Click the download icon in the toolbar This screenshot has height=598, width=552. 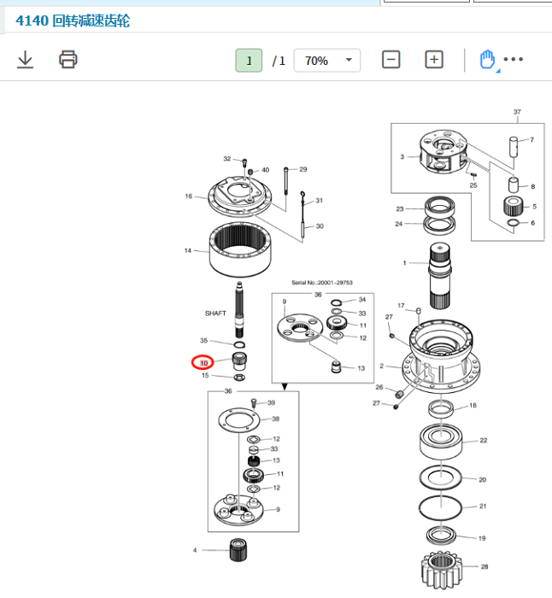click(x=25, y=60)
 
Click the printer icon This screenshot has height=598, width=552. click(x=68, y=60)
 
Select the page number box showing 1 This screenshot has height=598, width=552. click(x=249, y=61)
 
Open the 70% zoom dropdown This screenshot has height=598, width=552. click(x=327, y=61)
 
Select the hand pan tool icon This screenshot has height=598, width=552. click(x=487, y=60)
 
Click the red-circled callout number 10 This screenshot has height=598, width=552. click(x=203, y=363)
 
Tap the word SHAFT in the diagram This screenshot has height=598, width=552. click(x=215, y=314)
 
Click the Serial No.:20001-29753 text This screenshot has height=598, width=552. click(x=322, y=283)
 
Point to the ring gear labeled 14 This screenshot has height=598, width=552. click(x=240, y=249)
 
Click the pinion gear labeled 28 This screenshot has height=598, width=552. click(x=442, y=570)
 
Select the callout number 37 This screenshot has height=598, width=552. click(x=517, y=112)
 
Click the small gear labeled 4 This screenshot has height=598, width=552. click(x=238, y=550)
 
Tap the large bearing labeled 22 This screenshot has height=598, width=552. click(x=441, y=442)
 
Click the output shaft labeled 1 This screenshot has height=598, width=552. click(x=440, y=276)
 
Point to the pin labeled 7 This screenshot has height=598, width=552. click(x=514, y=147)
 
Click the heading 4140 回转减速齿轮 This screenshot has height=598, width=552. click(x=73, y=21)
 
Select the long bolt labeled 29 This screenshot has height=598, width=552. click(x=285, y=181)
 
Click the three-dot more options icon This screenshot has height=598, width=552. click(x=513, y=59)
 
